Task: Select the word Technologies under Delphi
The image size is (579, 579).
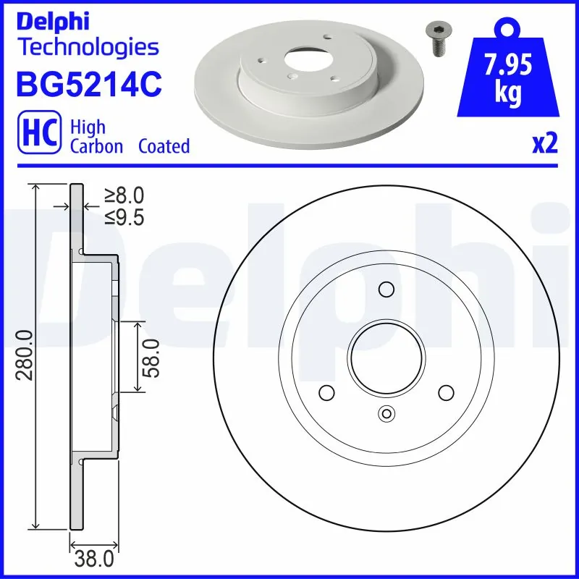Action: (x=88, y=48)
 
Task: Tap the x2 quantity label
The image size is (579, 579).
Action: (x=545, y=145)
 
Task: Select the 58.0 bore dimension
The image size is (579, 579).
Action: (x=151, y=358)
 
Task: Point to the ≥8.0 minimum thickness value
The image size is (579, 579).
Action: (x=124, y=195)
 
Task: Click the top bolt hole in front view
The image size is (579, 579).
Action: (x=385, y=290)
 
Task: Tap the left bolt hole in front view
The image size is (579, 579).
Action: (x=326, y=393)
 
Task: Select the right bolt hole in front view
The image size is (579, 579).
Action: (x=444, y=393)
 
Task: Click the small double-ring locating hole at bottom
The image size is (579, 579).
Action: (x=385, y=415)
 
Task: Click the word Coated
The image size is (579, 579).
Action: (x=164, y=147)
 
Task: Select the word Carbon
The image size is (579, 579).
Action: (x=96, y=147)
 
